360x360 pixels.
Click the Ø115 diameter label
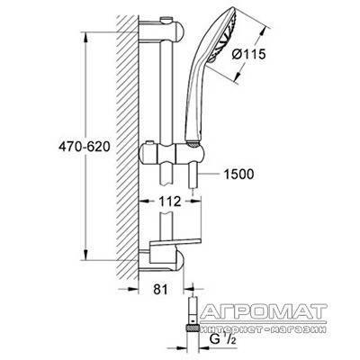249,54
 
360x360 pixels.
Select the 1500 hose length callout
238,175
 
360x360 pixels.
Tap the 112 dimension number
170,202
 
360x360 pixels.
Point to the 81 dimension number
160,289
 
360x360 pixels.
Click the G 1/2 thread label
223,339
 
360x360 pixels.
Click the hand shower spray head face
227,33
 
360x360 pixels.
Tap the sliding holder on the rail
173,154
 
